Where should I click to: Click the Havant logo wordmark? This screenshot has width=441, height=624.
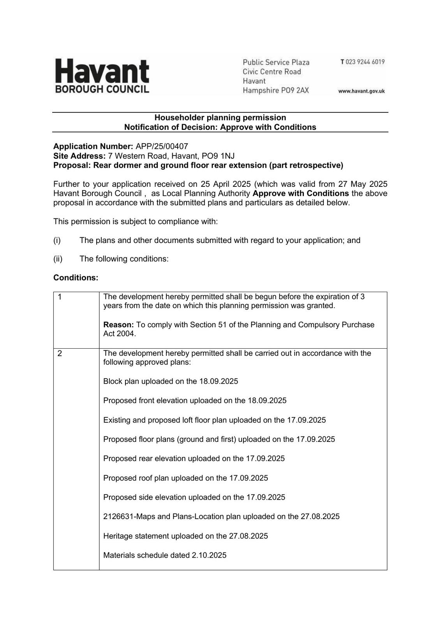pyautogui.click(x=102, y=71)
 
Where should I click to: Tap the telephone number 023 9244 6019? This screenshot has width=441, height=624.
pyautogui.click(x=365, y=62)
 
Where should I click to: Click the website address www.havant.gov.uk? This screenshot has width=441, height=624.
pyautogui.click(x=361, y=91)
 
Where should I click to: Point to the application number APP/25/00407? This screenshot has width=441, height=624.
pyautogui.click(x=162, y=146)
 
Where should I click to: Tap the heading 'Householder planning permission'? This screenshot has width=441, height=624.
pyautogui.click(x=220, y=117)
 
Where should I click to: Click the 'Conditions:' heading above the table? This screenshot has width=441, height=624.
pyautogui.click(x=76, y=278)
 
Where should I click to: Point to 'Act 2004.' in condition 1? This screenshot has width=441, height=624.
pyautogui.click(x=120, y=334)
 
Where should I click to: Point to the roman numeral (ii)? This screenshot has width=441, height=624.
pyautogui.click(x=58, y=259)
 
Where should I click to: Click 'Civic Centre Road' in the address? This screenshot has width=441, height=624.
pyautogui.click(x=272, y=72)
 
